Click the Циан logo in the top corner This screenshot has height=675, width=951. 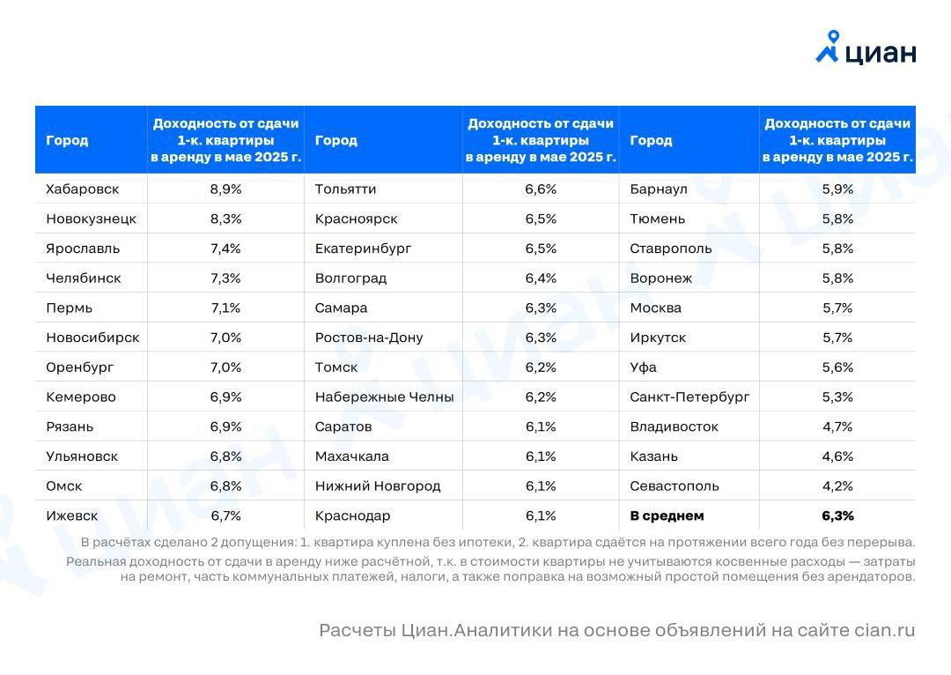[866, 48]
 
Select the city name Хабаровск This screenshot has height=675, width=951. [83, 189]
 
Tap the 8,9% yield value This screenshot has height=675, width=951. [225, 189]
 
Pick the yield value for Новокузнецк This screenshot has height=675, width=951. [225, 219]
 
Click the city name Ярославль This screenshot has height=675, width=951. [83, 248]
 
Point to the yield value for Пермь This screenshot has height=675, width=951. [225, 308]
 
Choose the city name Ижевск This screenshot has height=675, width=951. [72, 516]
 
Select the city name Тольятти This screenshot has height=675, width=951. [345, 189]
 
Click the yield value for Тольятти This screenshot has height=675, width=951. [541, 189]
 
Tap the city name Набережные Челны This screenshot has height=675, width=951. [384, 397]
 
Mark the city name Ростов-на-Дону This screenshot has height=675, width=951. [369, 337]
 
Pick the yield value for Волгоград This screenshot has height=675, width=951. [541, 278]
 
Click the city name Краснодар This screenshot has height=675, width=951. [352, 516]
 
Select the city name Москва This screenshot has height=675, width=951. [656, 308]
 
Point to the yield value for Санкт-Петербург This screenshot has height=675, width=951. [837, 397]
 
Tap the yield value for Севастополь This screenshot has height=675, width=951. [837, 486]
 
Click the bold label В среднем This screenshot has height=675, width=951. [667, 516]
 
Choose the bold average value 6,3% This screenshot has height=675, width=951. [837, 516]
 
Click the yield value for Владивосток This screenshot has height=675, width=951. [837, 427]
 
